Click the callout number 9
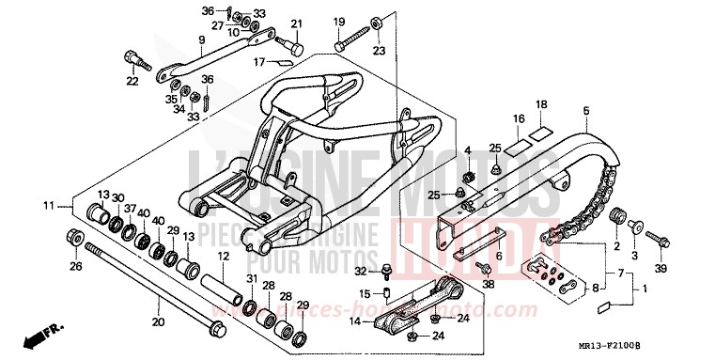point(201,39)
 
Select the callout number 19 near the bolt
point(339,22)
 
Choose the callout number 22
point(132,82)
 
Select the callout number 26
point(75,266)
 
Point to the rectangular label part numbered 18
point(537,132)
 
